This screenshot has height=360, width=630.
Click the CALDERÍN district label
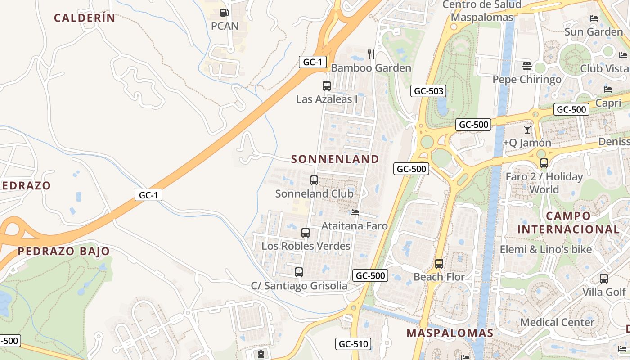coord(85,18)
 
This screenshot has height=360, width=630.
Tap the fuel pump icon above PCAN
coord(224,13)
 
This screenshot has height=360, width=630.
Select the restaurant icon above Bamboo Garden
coord(371,54)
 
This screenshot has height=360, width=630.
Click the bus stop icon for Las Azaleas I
coord(327,85)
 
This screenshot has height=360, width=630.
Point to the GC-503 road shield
coord(428,91)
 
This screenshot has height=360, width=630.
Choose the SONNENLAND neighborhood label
coord(335,159)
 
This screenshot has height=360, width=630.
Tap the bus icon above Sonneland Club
coord(314,180)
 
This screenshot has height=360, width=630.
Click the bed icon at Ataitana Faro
coord(355,212)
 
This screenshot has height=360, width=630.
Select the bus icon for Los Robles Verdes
coord(306,233)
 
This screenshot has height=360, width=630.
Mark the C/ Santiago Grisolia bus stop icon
coord(299,272)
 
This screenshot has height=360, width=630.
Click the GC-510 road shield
coord(353,344)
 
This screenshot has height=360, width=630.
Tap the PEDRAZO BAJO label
coord(64,251)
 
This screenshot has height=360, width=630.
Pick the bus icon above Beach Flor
coord(439,263)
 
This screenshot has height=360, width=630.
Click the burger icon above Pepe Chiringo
coord(527,66)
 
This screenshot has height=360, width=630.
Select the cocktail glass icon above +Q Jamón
coord(527,130)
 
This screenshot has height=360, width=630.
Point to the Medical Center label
coord(557,322)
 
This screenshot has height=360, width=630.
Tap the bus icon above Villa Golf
coord(604,279)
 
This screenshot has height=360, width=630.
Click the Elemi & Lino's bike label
coord(546,249)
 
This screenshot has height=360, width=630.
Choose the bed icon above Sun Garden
coord(594,18)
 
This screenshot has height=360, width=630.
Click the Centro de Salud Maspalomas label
coord(482,11)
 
